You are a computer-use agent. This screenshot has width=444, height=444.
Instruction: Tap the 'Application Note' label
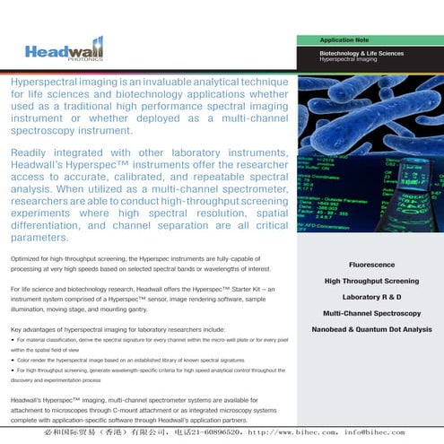coord(345,40)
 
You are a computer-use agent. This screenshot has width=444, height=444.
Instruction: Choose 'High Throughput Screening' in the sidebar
coord(371,282)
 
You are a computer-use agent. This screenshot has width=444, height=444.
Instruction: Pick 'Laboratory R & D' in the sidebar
coord(371,297)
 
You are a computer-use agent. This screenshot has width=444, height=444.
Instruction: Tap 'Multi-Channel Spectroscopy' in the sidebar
coord(371,313)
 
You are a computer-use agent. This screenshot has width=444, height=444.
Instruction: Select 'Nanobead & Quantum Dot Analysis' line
coord(371,329)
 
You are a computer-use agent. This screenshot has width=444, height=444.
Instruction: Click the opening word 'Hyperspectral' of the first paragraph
coord(46,82)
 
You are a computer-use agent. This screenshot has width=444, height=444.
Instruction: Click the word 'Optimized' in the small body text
coord(30,258)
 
